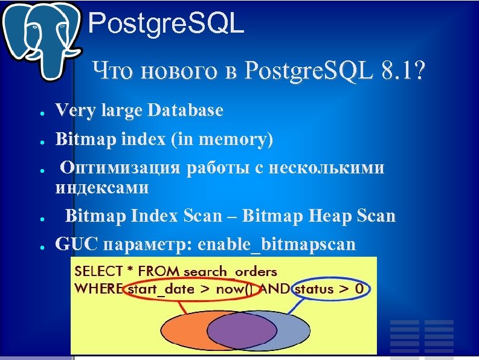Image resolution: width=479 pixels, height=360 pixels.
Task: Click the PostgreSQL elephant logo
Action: click(41, 39)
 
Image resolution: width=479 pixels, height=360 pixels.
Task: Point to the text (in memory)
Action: click(222, 140)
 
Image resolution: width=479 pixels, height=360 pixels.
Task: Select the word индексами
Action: click(102, 187)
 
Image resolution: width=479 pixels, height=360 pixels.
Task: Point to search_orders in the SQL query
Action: click(230, 271)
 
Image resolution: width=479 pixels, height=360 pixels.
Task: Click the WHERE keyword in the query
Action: click(97, 288)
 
